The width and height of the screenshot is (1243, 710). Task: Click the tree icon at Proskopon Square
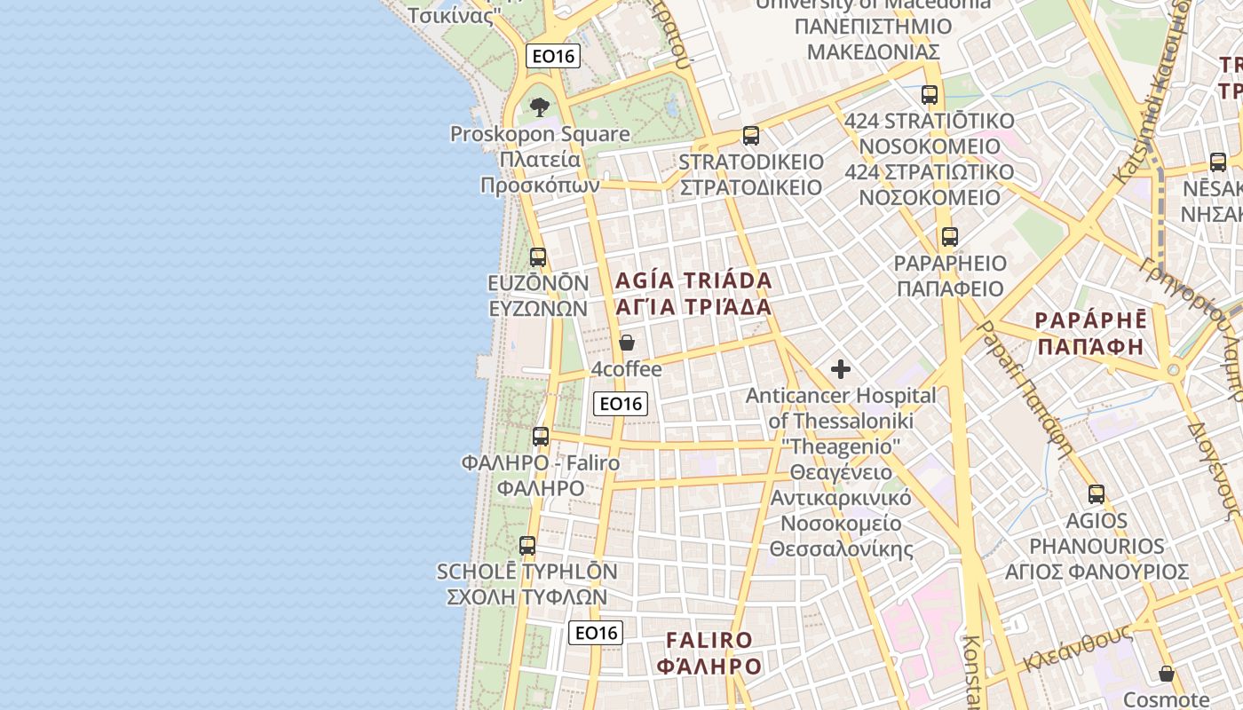tap(539, 108)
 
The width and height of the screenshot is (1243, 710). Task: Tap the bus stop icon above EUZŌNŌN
tap(538, 257)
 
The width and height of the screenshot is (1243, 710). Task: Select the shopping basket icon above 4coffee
tap(627, 343)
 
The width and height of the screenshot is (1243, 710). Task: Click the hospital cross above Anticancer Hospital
tap(841, 369)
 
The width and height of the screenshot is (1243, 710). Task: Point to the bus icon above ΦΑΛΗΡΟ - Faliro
tap(541, 437)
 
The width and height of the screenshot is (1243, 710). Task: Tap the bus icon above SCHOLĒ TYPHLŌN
tap(527, 546)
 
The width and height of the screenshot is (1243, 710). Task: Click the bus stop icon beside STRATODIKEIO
tap(751, 136)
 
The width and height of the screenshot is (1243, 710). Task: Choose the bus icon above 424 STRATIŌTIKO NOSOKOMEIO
tap(930, 95)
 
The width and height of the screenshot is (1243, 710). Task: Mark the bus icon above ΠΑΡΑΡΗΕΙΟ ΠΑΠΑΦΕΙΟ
tap(950, 237)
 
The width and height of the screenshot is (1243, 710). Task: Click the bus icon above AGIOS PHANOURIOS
tap(1097, 494)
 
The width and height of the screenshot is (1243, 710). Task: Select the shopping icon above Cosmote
tap(1167, 674)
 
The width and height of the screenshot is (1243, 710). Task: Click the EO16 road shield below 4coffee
tap(621, 404)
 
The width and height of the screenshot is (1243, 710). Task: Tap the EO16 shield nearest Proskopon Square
tap(553, 56)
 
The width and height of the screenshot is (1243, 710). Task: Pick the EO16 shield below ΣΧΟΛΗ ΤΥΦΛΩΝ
tap(596, 633)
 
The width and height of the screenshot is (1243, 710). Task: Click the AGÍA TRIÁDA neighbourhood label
tap(693, 281)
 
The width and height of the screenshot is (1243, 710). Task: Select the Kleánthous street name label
tap(1078, 649)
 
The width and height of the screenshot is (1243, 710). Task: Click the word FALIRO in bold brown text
tap(709, 640)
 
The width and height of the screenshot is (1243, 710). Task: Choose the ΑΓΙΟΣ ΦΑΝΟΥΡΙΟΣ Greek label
tap(1097, 571)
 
